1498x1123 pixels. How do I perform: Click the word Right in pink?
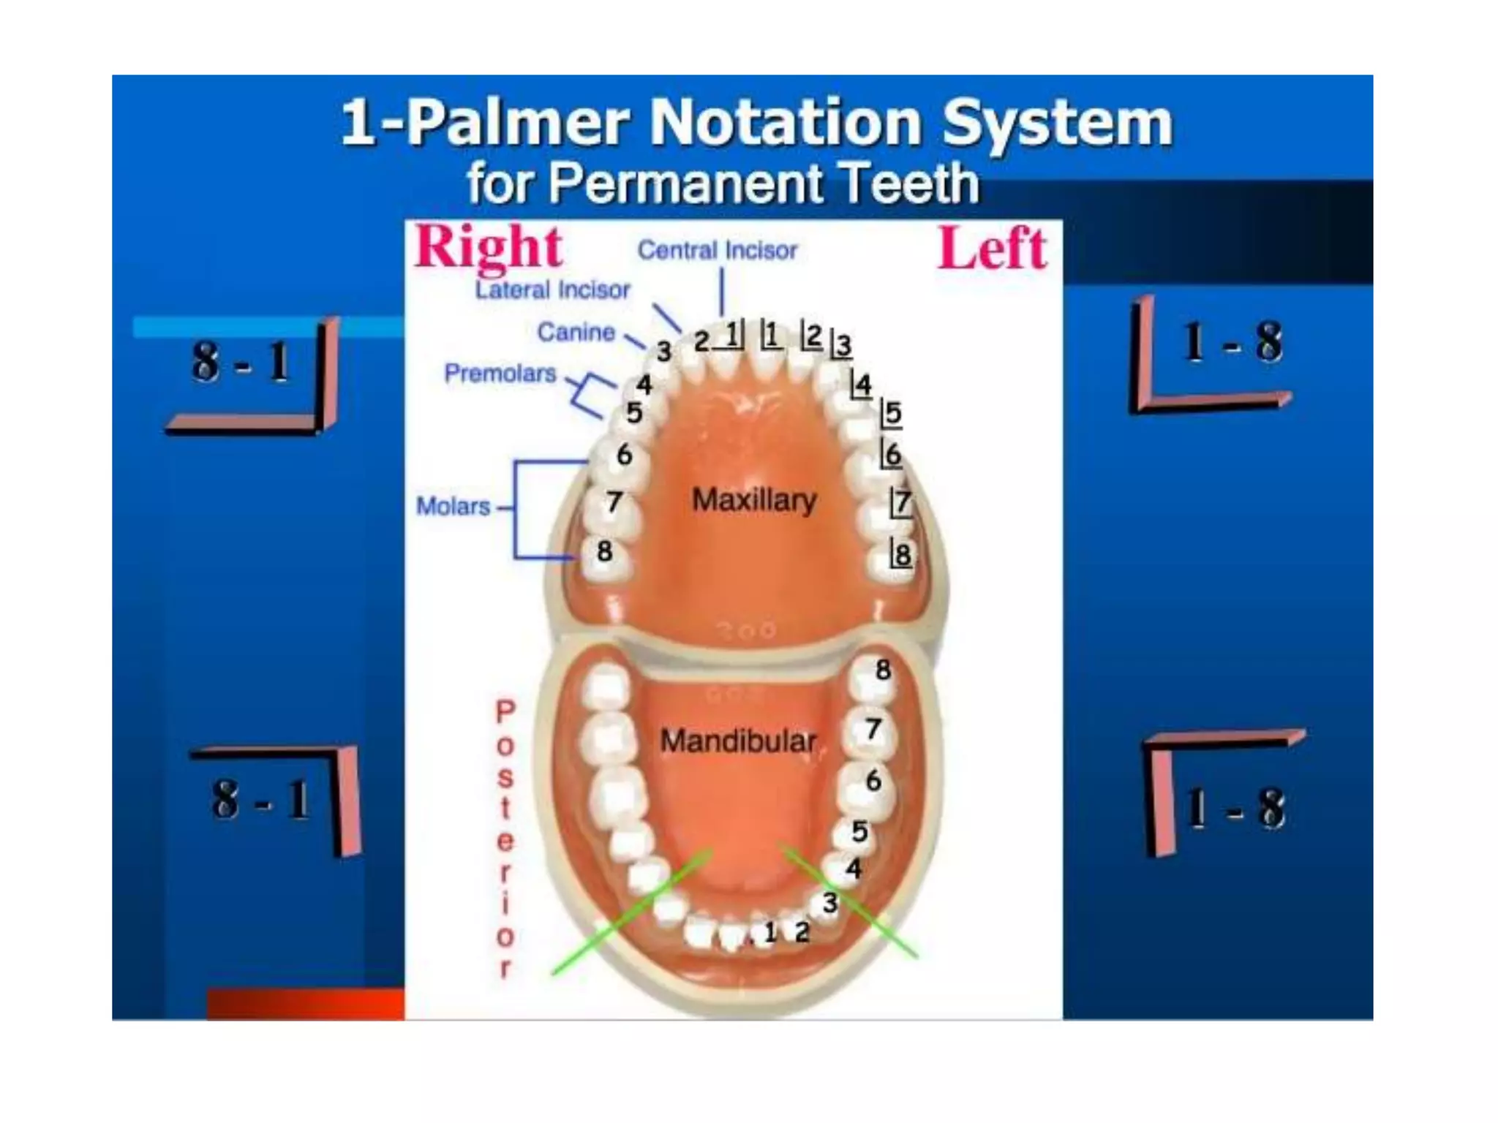point(489,249)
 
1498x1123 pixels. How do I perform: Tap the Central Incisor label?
point(717,251)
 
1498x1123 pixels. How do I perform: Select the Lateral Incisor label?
point(552,290)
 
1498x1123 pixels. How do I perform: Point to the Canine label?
point(576,333)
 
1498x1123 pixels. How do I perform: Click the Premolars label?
point(500,374)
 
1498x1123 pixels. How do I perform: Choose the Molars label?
point(453,506)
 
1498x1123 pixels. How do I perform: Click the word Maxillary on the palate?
point(754,500)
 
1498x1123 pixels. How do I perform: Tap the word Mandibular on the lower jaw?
point(737,741)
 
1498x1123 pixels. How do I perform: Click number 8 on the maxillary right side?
point(604,551)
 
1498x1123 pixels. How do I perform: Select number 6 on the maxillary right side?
point(624,455)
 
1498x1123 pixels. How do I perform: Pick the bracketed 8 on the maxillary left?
point(902,553)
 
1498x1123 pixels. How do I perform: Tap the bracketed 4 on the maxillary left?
point(862,385)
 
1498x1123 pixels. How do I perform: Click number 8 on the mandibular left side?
point(883,670)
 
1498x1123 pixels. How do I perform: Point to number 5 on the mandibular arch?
point(859,832)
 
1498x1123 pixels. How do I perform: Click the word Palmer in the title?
point(517,123)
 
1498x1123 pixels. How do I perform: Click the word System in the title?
point(1057,123)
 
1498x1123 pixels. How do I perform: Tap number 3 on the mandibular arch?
point(829,903)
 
